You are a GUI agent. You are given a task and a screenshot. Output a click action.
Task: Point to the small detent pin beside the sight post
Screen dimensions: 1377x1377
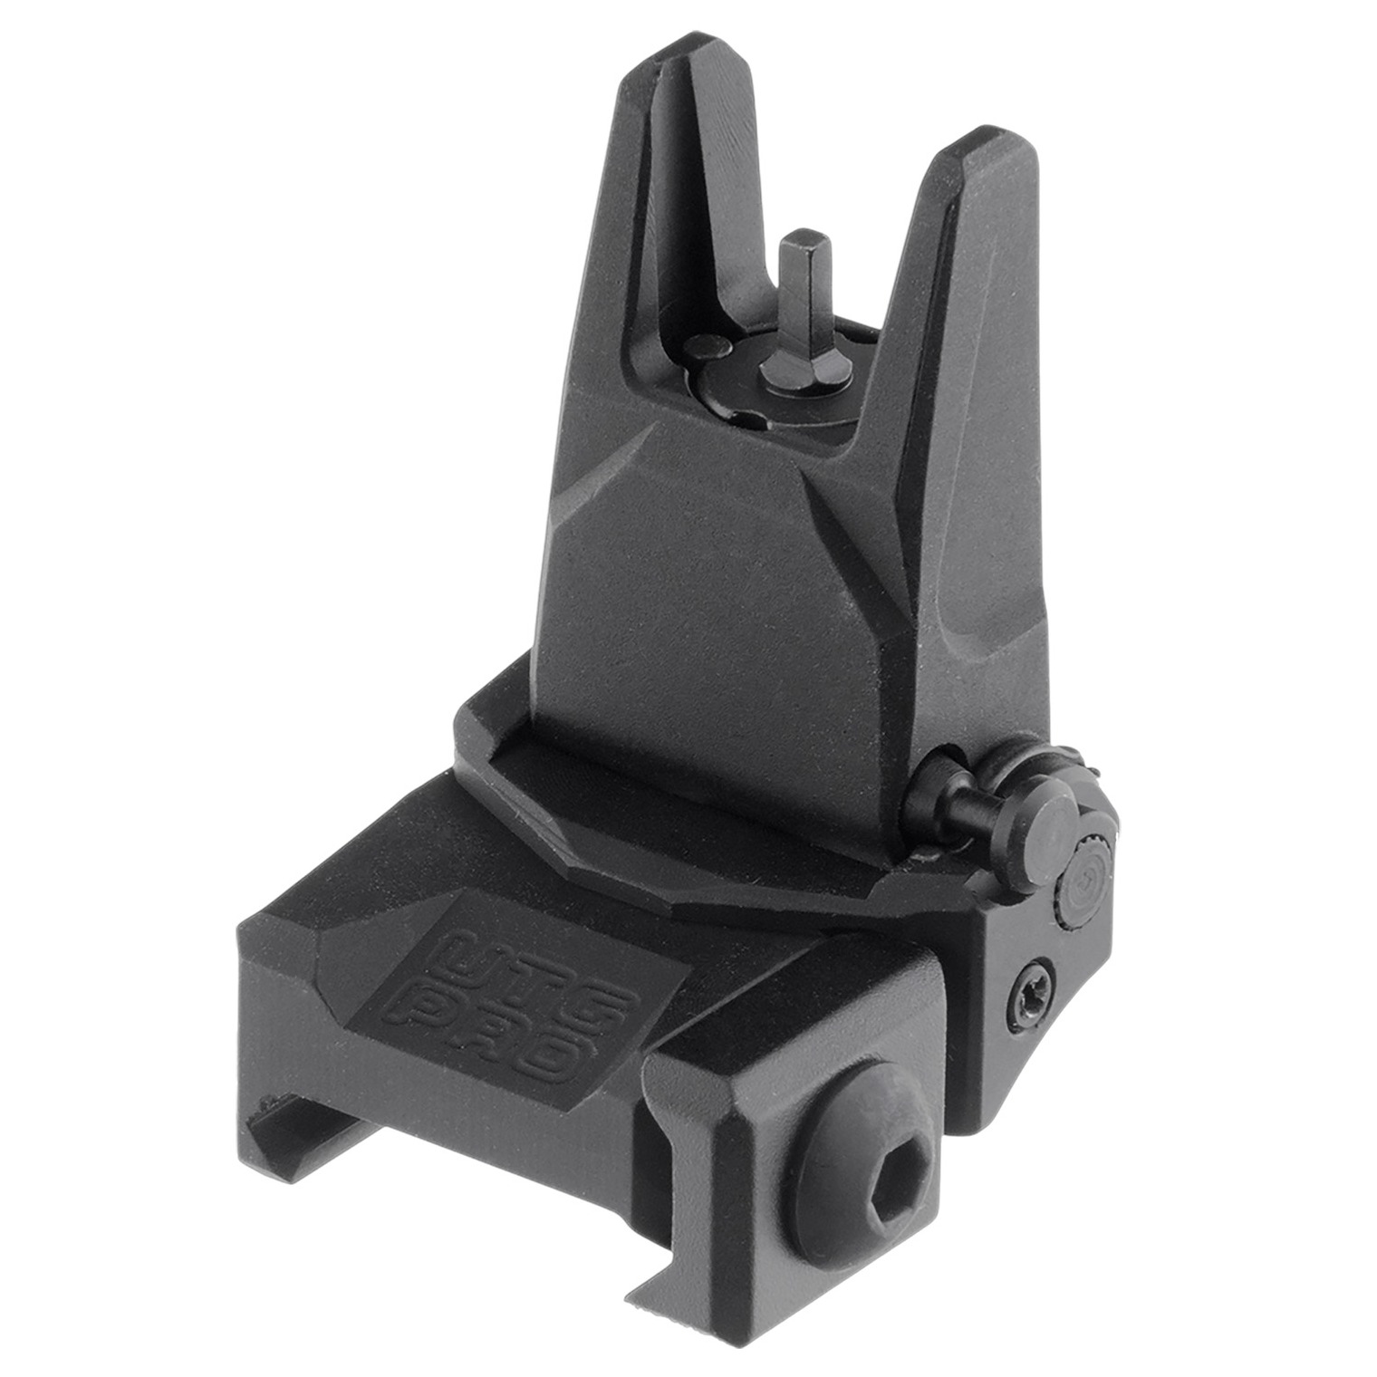coord(707,347)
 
